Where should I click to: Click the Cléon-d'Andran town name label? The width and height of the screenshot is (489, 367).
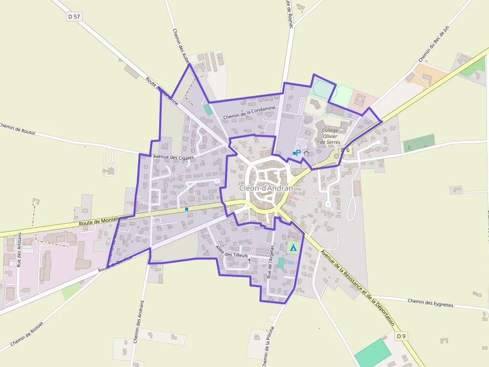pyautogui.click(x=265, y=188)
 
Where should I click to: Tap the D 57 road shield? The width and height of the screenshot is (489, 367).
pyautogui.click(x=74, y=16)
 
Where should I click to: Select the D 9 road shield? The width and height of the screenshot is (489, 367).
pyautogui.click(x=401, y=336)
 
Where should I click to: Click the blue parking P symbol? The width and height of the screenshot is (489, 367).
pyautogui.click(x=298, y=152)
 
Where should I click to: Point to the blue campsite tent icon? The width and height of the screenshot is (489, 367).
pyautogui.click(x=293, y=247)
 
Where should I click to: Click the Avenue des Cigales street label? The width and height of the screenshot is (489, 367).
pyautogui.click(x=173, y=157)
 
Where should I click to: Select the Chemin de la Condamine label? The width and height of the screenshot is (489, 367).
pyautogui.click(x=249, y=113)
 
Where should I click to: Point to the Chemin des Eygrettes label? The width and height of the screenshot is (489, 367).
pyautogui.click(x=430, y=303)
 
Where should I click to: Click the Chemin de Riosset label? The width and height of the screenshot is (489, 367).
pyautogui.click(x=27, y=333)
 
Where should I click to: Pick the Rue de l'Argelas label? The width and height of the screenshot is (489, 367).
pyautogui.click(x=270, y=261)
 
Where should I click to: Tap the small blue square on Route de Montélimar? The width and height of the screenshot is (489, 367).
pyautogui.click(x=187, y=209)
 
